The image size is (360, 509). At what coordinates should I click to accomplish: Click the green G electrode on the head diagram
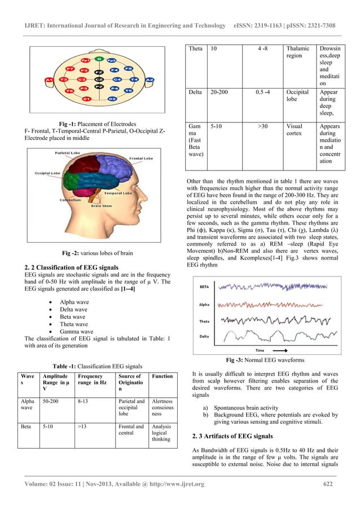(x=99, y=59)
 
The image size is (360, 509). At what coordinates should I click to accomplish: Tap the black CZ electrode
(x=99, y=81)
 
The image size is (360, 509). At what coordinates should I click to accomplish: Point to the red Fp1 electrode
(x=84, y=60)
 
